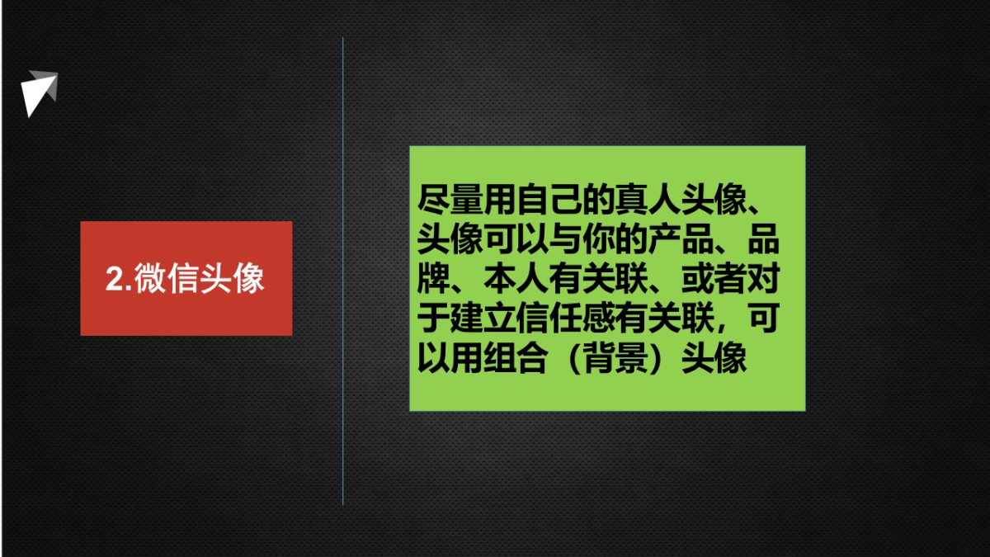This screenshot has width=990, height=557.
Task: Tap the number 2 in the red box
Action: pyautogui.click(x=114, y=279)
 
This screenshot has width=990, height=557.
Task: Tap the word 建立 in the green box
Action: pyautogui.click(x=483, y=319)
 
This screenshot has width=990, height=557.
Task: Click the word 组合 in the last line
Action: pyautogui.click(x=516, y=359)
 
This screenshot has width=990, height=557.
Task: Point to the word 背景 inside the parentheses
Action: pyautogui.click(x=615, y=359)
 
